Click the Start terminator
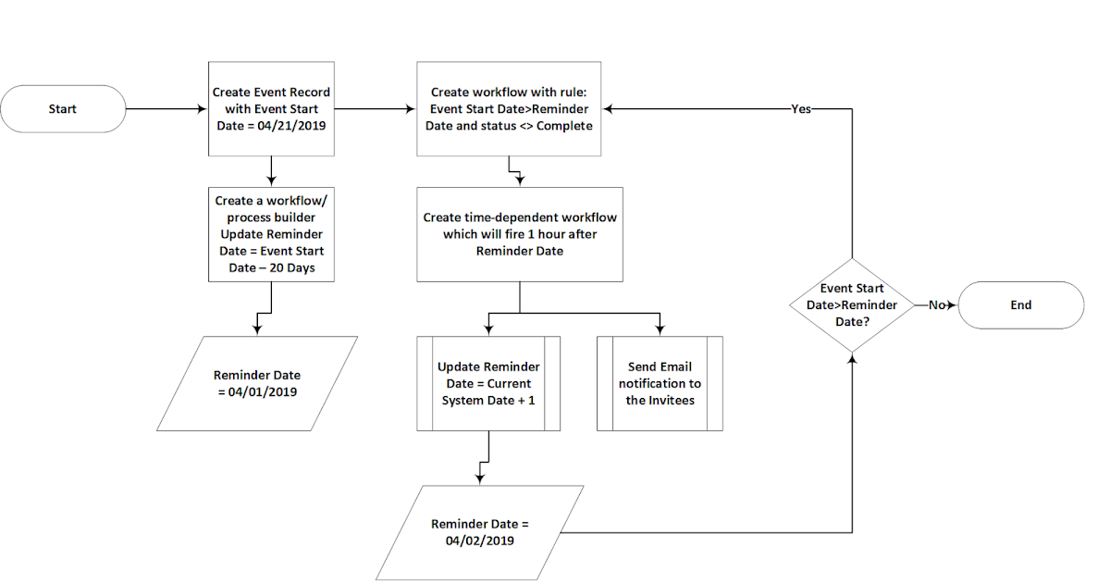[63, 109]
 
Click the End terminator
[1020, 304]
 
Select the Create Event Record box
[271, 108]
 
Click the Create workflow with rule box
[509, 108]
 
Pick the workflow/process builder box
[271, 234]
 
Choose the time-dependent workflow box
[519, 234]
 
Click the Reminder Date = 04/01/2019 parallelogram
[257, 383]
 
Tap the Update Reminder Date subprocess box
[488, 383]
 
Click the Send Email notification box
[660, 383]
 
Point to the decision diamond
[851, 304]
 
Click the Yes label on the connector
[801, 109]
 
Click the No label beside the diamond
[936, 304]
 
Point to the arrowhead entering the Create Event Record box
[203, 109]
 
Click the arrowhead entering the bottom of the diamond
[851, 357]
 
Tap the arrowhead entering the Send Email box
[660, 331]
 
